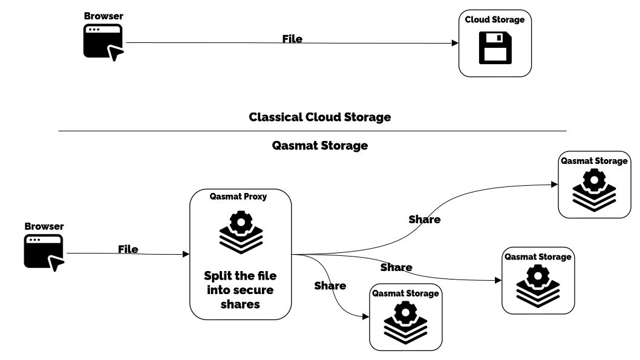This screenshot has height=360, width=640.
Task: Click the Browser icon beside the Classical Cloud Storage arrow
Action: pos(103,41)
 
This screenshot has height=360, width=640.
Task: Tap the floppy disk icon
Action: pos(495,48)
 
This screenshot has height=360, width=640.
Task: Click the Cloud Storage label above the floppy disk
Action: pos(495,20)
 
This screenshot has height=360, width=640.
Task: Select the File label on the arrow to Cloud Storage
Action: pos(292,39)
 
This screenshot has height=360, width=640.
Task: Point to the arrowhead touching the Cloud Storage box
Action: pos(455,44)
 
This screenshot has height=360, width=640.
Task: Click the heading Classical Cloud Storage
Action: pos(319,117)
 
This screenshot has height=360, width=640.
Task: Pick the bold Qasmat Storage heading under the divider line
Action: pos(320,146)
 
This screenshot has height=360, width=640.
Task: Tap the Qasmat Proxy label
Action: pos(238,197)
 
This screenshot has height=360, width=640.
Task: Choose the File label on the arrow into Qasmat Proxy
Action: pos(128,249)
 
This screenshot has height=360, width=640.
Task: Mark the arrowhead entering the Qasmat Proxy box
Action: pos(186,255)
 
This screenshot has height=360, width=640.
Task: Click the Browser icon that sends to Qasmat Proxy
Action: pos(44,252)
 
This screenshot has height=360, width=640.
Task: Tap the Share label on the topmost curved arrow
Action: pos(425,220)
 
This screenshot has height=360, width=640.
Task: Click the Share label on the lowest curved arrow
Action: pos(330,286)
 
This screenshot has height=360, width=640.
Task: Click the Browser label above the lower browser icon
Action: pos(44,226)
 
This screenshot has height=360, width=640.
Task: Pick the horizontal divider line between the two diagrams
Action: pos(312,131)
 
